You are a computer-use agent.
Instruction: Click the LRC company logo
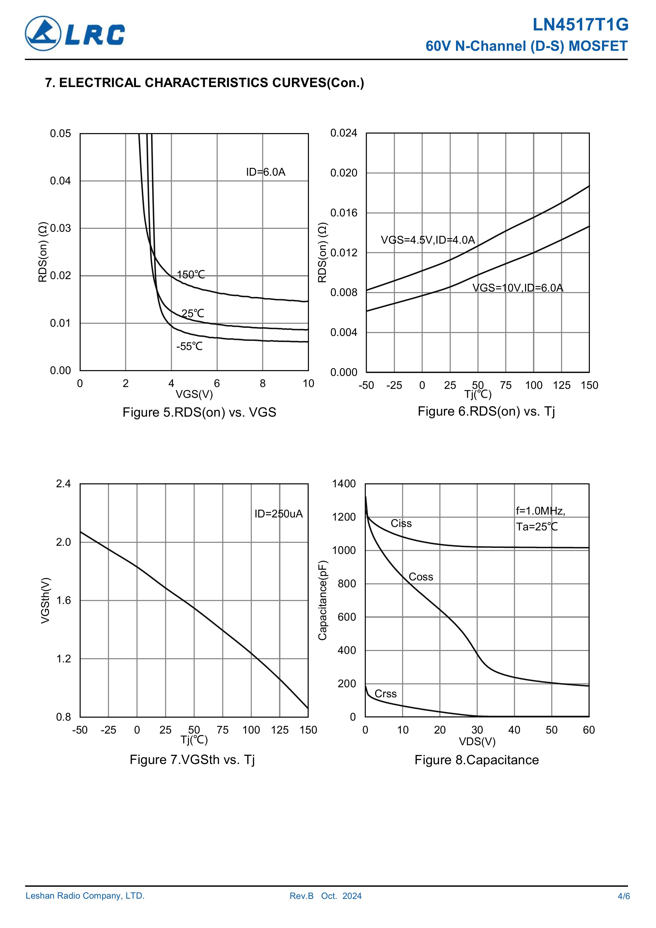pos(75,34)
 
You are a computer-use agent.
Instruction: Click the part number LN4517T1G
pos(580,25)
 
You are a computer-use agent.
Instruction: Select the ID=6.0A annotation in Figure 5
pos(266,172)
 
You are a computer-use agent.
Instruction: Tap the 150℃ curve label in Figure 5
pos(191,275)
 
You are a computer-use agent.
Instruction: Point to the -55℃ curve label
pos(189,346)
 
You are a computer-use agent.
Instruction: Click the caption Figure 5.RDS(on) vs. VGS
pos(199,412)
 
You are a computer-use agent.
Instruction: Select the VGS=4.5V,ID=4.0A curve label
pos(428,240)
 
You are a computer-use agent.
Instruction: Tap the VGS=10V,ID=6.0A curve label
pos(517,288)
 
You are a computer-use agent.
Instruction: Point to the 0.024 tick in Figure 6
pos(344,133)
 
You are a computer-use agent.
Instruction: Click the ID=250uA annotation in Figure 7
pos(279,514)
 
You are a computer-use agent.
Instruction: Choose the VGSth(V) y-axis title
pos(46,601)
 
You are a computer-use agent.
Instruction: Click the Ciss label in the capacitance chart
pos(401,524)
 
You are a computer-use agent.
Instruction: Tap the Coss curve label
pos(421,577)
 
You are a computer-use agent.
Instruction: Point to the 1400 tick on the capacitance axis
pos(344,484)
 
